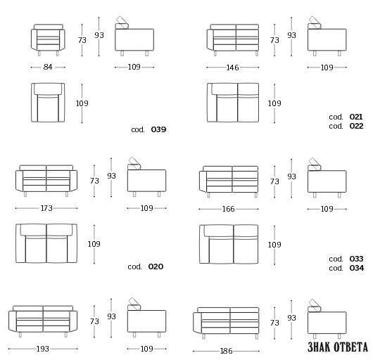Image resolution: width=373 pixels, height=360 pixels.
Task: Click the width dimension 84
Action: (48, 67)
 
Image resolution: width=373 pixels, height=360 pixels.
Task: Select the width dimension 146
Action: (232, 67)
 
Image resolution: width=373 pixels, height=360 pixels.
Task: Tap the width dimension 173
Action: (46, 208)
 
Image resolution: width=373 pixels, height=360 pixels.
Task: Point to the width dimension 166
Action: (228, 209)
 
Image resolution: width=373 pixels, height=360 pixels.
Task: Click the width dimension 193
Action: (43, 349)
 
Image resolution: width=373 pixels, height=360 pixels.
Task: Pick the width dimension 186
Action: (226, 351)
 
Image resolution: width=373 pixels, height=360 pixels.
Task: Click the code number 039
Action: (158, 129)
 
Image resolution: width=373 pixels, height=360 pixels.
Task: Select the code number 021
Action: (356, 117)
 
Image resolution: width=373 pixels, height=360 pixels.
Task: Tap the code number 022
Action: (356, 126)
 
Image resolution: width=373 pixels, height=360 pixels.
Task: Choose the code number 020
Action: (156, 266)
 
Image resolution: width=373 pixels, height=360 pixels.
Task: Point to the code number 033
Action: (356, 259)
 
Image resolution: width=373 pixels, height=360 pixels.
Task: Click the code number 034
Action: (357, 268)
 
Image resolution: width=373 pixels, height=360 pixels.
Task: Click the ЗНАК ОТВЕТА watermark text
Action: (338, 347)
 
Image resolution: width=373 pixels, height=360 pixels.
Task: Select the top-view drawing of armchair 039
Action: (48, 103)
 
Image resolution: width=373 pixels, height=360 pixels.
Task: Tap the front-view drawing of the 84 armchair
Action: (48, 40)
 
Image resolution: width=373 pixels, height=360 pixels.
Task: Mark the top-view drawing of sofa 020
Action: (46, 243)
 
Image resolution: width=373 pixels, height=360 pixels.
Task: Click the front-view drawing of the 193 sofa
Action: (43, 321)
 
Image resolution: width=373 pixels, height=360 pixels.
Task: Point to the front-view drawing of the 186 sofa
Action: (226, 323)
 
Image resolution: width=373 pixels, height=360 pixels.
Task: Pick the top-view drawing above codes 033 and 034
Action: (229, 244)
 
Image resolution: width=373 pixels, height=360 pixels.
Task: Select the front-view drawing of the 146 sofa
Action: (233, 40)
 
